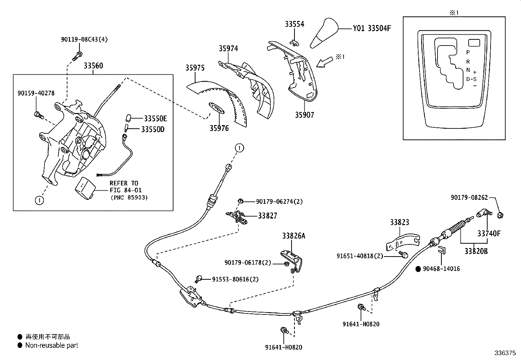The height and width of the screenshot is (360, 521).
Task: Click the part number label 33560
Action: (x=93, y=66)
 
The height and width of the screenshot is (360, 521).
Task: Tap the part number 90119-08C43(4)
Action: (x=84, y=39)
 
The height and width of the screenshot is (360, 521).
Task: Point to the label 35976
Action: (x=219, y=128)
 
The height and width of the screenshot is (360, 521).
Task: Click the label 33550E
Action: (x=154, y=119)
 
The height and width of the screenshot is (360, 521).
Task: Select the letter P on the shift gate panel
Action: (x=468, y=52)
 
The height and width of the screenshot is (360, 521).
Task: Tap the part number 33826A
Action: (x=294, y=236)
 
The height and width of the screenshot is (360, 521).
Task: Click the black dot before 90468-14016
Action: (x=418, y=269)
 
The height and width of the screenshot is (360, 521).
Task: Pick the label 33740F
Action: (x=489, y=234)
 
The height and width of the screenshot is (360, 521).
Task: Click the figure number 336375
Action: (x=505, y=353)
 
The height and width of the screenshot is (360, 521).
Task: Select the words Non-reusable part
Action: (x=52, y=345)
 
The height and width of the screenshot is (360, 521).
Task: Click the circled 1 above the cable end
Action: (x=239, y=148)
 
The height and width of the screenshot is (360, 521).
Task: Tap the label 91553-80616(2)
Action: (x=235, y=279)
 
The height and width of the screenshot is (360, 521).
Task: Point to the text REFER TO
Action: (x=124, y=183)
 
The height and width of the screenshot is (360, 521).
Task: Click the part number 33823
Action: (x=399, y=222)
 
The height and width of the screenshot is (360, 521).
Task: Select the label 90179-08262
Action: (x=469, y=198)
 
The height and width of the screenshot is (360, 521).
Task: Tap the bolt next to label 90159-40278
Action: (x=38, y=115)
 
